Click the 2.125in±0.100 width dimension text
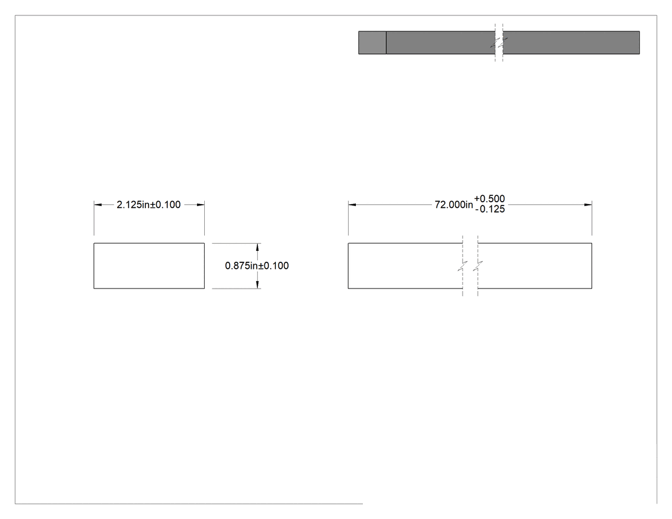point(148,205)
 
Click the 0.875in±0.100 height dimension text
point(257,266)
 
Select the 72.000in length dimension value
point(454,205)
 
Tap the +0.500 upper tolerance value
point(490,199)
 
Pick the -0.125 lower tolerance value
point(490,209)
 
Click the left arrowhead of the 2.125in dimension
point(98,205)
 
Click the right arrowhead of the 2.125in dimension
point(200,205)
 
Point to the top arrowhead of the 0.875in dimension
point(257,247)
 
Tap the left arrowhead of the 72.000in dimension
point(352,205)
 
